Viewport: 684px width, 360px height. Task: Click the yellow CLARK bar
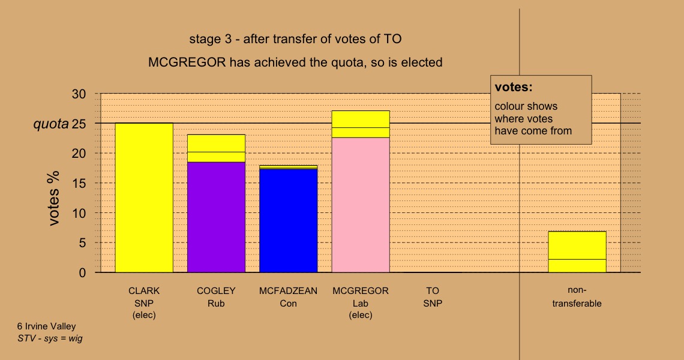(144, 197)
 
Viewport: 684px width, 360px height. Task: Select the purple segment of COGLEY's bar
(216, 217)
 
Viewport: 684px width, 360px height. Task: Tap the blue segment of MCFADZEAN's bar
(289, 221)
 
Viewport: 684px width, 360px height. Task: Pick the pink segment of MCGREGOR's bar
(361, 205)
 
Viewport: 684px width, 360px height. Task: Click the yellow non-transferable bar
(577, 252)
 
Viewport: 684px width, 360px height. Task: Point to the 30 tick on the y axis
(79, 94)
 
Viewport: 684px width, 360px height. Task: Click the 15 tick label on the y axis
(79, 183)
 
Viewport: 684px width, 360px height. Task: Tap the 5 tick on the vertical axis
(83, 243)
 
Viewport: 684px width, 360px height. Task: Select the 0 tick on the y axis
(83, 273)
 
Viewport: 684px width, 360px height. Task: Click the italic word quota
(51, 124)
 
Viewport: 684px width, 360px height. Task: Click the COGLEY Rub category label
(216, 297)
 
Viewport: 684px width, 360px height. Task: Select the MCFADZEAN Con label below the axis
(289, 297)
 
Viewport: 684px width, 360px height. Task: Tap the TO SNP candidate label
(433, 297)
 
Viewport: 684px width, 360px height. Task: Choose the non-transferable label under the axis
(577, 297)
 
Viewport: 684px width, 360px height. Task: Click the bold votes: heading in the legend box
(514, 87)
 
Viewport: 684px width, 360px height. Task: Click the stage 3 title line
(295, 39)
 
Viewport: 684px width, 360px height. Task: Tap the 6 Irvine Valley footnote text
(47, 326)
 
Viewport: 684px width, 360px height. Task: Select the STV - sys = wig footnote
(50, 338)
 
